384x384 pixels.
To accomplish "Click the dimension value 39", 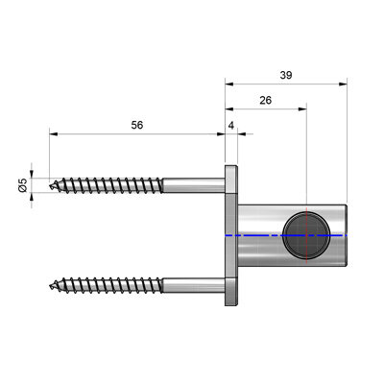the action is pyautogui.click(x=286, y=75).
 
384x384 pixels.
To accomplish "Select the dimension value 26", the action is pyautogui.click(x=266, y=101).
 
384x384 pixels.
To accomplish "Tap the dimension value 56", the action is pyautogui.click(x=137, y=125).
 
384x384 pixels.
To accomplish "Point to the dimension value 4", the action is pyautogui.click(x=231, y=126).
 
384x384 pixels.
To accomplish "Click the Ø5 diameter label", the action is pyautogui.click(x=23, y=185).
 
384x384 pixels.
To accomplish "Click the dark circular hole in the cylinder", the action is pyautogui.click(x=306, y=235).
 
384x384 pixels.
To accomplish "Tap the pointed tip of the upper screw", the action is pyautogui.click(x=50, y=185).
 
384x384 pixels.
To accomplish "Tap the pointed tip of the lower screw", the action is pyautogui.click(x=50, y=285).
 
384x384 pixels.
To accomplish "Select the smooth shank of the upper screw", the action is pyautogui.click(x=194, y=185).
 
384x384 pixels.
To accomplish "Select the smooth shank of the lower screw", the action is pyautogui.click(x=194, y=285).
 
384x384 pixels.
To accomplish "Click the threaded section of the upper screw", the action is pyautogui.click(x=107, y=185).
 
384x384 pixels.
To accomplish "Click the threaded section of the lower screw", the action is pyautogui.click(x=107, y=285).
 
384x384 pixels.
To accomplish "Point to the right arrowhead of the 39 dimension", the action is pyautogui.click(x=343, y=84).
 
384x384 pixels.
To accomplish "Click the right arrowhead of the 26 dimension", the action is pyautogui.click(x=302, y=109).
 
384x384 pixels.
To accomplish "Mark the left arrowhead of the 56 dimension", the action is pyautogui.click(x=54, y=134).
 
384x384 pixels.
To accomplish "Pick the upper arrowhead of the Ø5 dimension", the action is pyautogui.click(x=32, y=174).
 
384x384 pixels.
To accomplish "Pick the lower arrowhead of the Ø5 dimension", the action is pyautogui.click(x=32, y=197).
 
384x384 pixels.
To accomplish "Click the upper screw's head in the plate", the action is pyautogui.click(x=231, y=180).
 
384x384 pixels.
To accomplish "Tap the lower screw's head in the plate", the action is pyautogui.click(x=231, y=292).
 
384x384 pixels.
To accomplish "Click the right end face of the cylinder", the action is pyautogui.click(x=346, y=235).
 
